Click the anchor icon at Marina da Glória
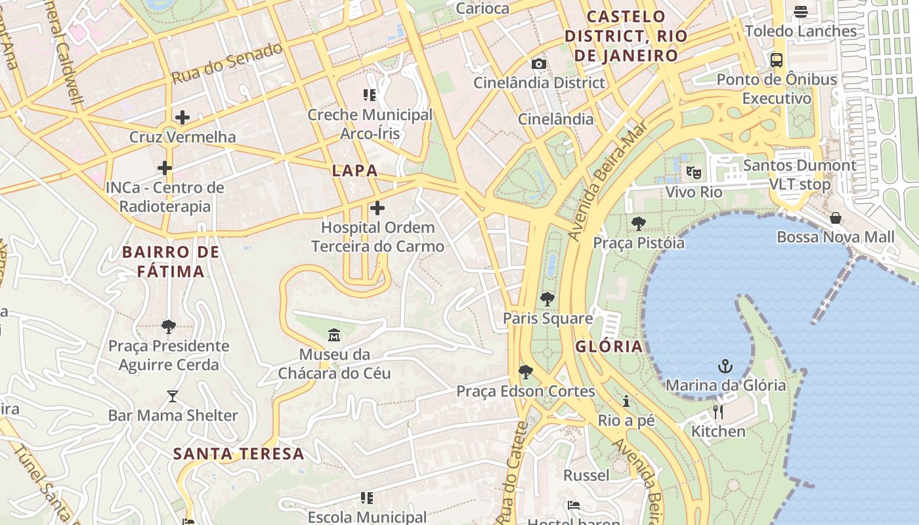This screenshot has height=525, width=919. point(725,366)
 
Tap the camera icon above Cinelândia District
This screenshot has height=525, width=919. point(538,64)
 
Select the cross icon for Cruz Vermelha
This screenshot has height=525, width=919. point(182,118)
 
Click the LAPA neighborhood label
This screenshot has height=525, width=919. point(354,171)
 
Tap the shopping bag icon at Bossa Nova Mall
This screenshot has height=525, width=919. point(836,218)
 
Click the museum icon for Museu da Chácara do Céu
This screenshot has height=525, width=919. point(334,335)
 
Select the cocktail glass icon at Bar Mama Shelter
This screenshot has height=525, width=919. point(173,396)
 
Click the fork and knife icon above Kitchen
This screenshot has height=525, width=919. point(718,412)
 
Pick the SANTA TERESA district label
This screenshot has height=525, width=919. point(239,453)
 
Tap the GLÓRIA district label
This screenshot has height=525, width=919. point(609,346)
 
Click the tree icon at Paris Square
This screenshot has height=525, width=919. point(547,299)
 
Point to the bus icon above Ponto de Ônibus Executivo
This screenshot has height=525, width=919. point(777,60)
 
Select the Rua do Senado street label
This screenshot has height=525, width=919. point(227,63)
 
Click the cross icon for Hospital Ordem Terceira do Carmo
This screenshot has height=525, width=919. point(377,209)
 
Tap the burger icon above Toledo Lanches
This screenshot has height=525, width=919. point(801,12)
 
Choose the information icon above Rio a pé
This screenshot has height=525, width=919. point(626,401)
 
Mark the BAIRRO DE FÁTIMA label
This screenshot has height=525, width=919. point(171,261)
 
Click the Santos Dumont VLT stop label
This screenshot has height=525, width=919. point(800,175)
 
